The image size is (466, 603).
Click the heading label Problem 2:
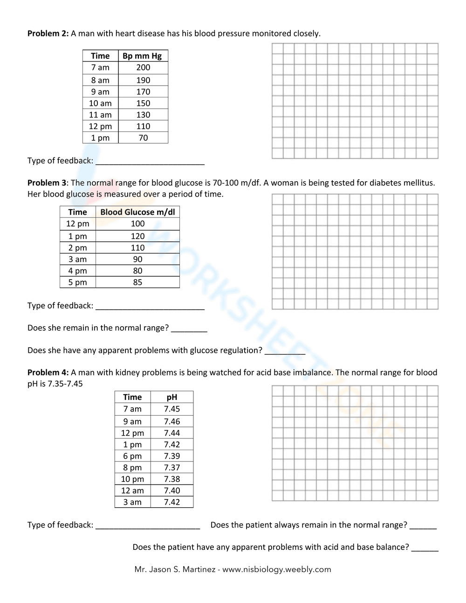[48, 34]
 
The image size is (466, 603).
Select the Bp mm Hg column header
[142, 56]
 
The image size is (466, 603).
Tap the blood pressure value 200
[143, 68]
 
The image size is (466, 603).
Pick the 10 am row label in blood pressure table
[100, 103]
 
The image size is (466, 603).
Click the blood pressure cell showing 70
[143, 138]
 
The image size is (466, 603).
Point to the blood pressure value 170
[143, 92]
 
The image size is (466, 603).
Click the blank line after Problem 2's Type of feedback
[150, 161]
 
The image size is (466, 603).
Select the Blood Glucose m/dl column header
[137, 212]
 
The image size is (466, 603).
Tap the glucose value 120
[137, 236]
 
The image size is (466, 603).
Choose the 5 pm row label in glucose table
[77, 282]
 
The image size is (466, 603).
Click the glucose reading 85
[137, 282]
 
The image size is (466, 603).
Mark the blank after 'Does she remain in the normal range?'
[189, 329]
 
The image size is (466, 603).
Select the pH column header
[171, 397]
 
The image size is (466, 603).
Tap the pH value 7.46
[171, 421]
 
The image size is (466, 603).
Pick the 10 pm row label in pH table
[132, 479]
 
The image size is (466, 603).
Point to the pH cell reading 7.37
[171, 467]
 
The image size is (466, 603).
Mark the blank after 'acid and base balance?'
[425, 548]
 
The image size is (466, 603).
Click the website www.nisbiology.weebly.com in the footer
[276, 569]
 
